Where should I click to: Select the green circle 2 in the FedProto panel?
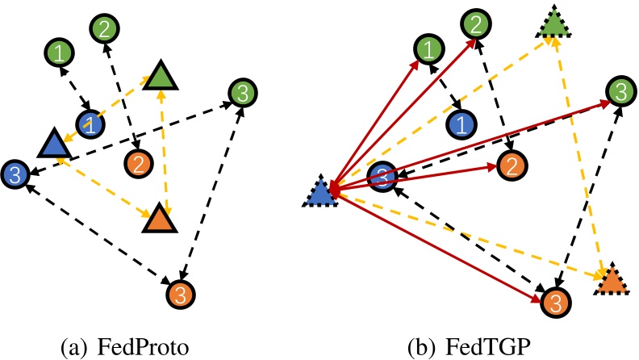[x=104, y=30]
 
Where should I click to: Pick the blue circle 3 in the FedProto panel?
[x=15, y=172]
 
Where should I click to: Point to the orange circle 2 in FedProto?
[x=139, y=165]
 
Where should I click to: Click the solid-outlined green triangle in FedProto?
[x=161, y=77]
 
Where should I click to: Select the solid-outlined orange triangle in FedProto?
[x=157, y=219]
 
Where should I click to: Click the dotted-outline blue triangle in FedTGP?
[x=320, y=193]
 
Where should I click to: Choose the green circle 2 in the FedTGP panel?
[x=477, y=26]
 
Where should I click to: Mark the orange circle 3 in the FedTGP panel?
[x=553, y=301]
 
